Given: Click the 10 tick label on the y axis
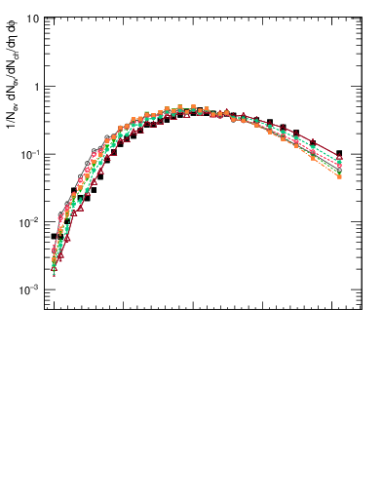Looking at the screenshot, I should point(32,19).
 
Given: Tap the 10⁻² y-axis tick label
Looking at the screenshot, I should point(31,222).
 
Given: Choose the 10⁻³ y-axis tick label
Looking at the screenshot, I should point(31,290).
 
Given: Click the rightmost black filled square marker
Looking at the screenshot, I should point(339,153).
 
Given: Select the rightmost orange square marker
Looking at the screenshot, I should point(339,176).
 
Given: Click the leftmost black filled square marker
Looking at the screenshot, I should point(55,236).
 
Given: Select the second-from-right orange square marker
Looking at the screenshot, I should point(312,159).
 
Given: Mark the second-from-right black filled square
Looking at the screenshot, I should point(312,142).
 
